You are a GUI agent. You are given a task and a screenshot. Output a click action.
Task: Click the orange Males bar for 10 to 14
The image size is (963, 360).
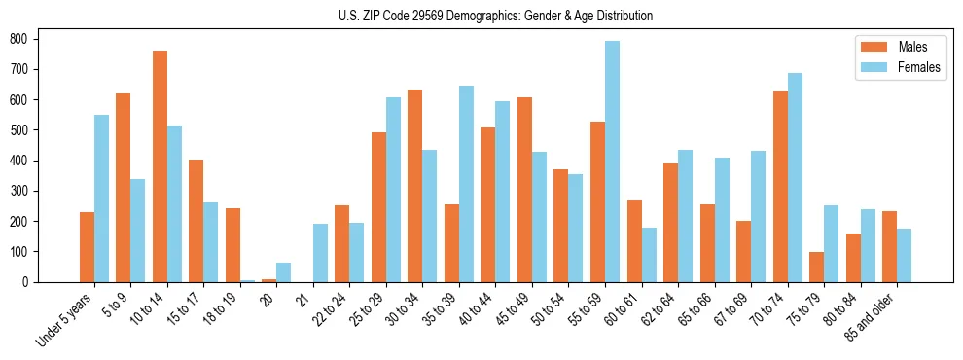point(160,166)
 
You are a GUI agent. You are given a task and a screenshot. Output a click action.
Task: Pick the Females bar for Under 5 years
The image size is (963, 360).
point(101,198)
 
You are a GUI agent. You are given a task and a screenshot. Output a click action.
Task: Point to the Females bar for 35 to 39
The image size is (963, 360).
point(466,184)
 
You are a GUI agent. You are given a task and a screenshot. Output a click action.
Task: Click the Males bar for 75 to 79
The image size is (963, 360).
point(816,267)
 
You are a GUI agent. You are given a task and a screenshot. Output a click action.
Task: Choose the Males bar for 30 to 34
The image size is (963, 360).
point(415,186)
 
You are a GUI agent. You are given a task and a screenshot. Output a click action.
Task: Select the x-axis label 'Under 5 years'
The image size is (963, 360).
point(65,320)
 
